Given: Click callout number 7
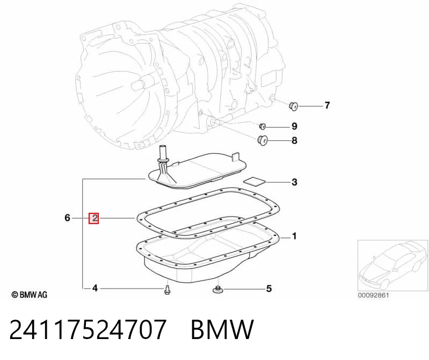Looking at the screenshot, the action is tap(327, 105).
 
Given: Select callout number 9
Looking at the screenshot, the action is tap(294, 126).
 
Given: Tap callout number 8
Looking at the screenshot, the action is tap(294, 140).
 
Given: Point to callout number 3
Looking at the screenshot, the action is tap(294, 182).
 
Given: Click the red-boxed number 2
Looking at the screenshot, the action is tap(93, 218).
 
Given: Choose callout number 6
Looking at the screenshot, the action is tap(67, 218).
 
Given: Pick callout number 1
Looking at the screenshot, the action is tap(294, 236).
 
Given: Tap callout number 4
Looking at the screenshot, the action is tap(95, 288).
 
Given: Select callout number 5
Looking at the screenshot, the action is tap(269, 289).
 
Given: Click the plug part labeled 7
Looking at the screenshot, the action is tap(294, 106).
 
